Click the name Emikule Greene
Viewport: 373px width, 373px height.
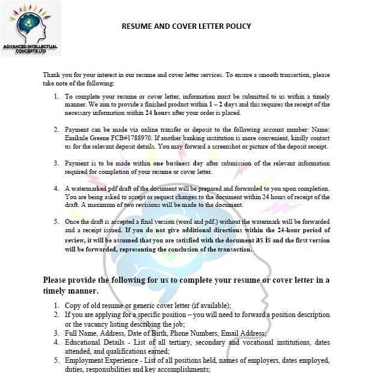tap(86, 138)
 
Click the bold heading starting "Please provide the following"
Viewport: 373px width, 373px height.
tap(186, 280)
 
